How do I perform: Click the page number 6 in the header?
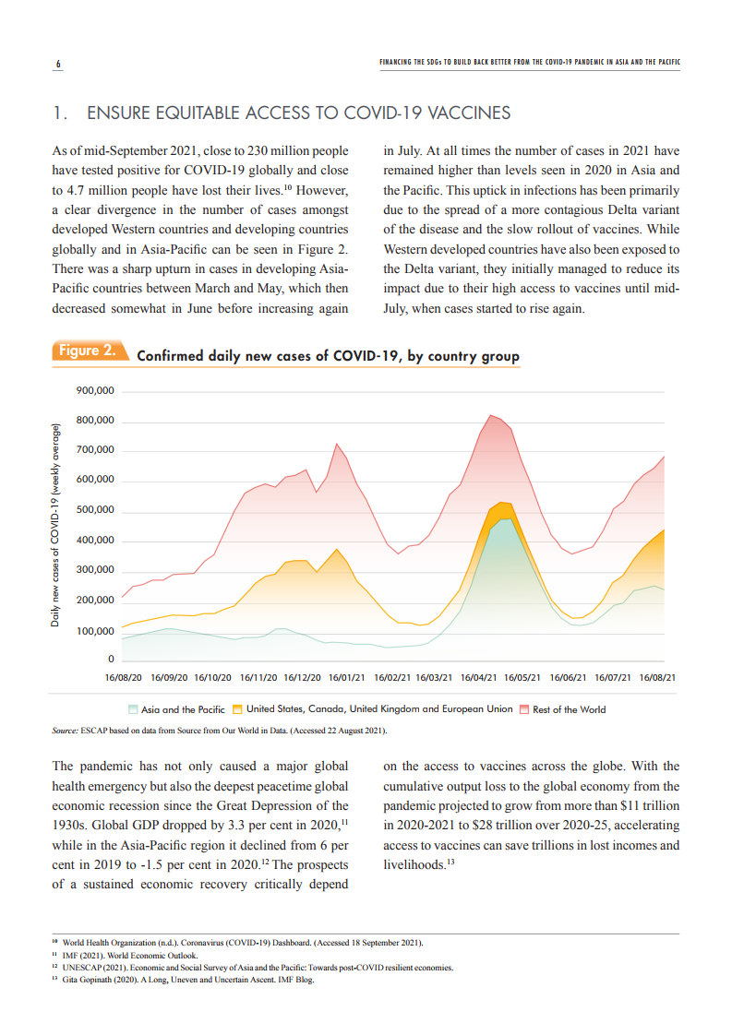(57, 64)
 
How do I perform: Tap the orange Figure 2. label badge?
(89, 351)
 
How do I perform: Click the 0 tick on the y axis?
(111, 660)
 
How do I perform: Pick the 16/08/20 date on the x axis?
(124, 678)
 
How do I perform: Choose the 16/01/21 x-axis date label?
(346, 678)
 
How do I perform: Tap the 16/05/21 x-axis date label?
(522, 678)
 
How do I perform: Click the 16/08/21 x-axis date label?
(657, 678)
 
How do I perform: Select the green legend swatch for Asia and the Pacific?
(134, 709)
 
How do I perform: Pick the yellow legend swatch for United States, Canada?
(237, 709)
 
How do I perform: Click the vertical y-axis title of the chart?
(55, 526)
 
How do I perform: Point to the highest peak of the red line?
(490, 415)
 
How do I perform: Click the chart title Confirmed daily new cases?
(328, 356)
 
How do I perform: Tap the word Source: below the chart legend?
(66, 731)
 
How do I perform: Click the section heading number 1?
(59, 113)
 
